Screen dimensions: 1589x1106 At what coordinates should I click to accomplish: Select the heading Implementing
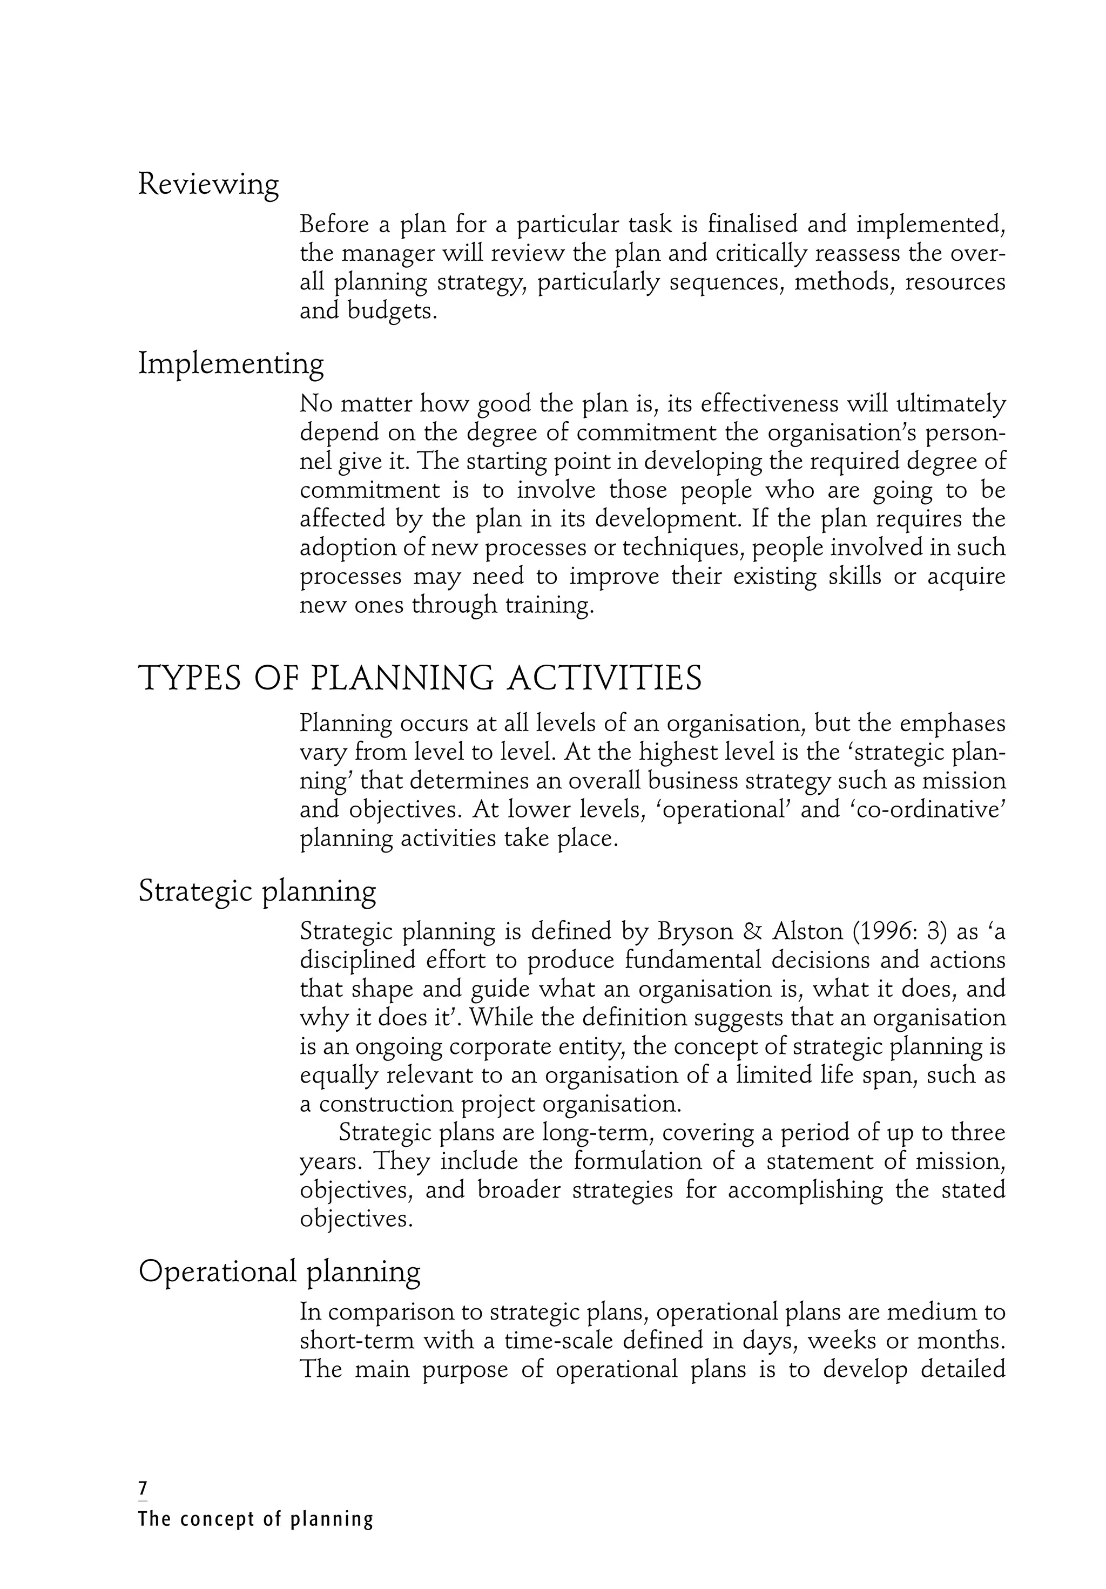(231, 364)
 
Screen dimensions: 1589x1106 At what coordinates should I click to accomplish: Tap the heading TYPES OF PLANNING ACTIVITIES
(420, 678)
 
